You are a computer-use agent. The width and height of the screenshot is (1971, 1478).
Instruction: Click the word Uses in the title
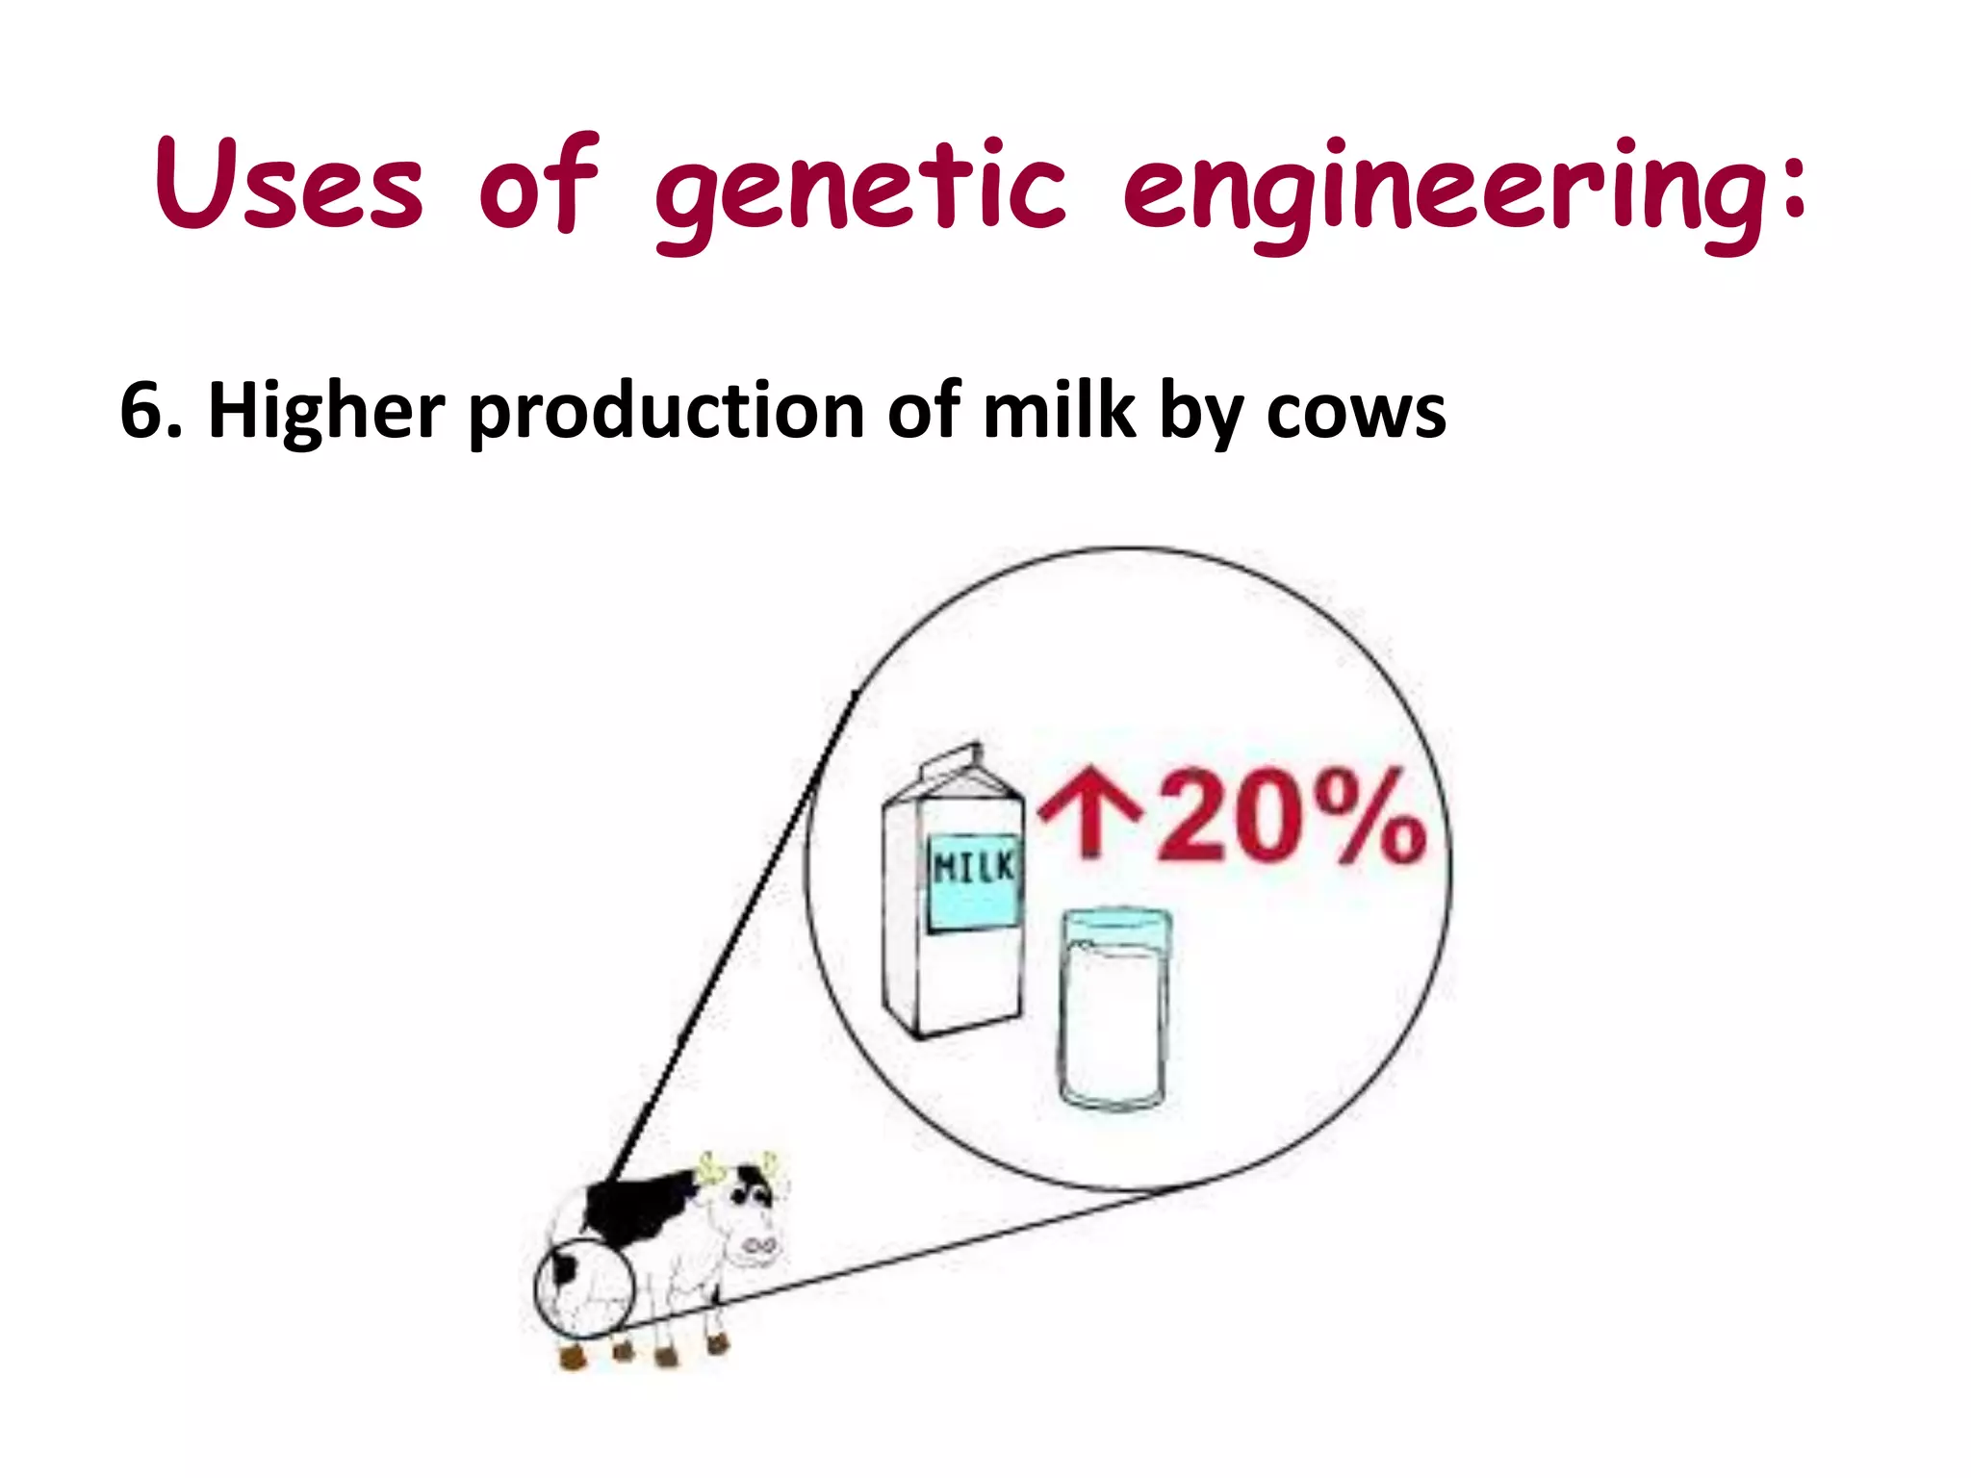[x=289, y=185]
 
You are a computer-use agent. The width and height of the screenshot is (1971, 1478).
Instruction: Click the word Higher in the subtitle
[x=325, y=412]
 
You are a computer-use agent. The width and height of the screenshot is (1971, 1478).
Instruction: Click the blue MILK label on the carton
[x=973, y=880]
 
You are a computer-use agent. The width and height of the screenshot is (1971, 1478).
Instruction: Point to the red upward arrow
[x=1088, y=818]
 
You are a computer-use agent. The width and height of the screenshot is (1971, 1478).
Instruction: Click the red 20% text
[x=1290, y=818]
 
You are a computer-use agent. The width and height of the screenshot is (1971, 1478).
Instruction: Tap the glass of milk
[x=1114, y=1010]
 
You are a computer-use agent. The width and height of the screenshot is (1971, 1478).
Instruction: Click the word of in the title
[x=539, y=185]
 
